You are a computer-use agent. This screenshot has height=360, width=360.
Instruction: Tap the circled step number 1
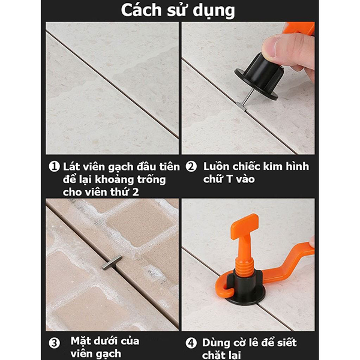tap(53, 166)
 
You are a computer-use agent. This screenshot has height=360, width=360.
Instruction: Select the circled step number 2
tap(191, 166)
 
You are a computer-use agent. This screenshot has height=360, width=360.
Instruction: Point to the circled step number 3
tap(54, 343)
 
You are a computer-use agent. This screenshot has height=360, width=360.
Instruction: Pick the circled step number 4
tap(191, 343)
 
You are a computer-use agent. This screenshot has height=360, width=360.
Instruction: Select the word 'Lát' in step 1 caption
tap(73, 166)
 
